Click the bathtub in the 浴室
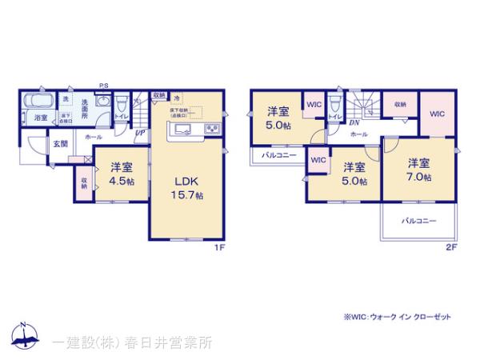38,102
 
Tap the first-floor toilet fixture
121,106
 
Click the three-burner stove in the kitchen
211,130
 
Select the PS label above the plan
104,86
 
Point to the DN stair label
353,123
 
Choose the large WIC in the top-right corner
436,114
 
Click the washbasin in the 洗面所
103,103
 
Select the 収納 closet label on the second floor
399,105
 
